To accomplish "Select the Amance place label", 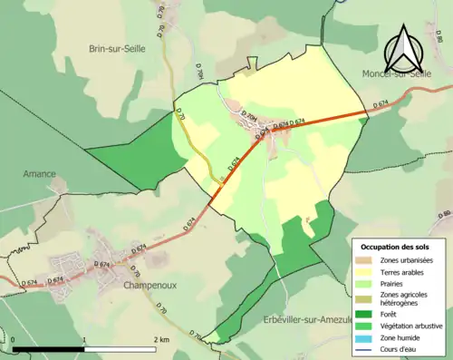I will point(40,173).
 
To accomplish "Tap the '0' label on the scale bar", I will point(14,339).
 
